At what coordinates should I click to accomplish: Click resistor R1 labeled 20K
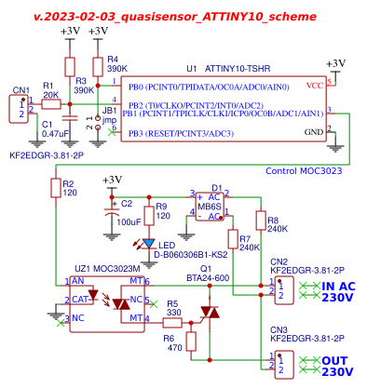tap(50, 104)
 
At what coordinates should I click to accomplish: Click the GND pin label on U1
tap(315, 132)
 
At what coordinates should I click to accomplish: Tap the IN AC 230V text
tap(338, 292)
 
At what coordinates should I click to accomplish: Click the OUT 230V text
tap(338, 366)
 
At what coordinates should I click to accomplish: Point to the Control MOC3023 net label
tap(305, 171)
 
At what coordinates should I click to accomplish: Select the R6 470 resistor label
tap(172, 342)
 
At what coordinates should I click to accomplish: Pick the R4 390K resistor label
tap(116, 64)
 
